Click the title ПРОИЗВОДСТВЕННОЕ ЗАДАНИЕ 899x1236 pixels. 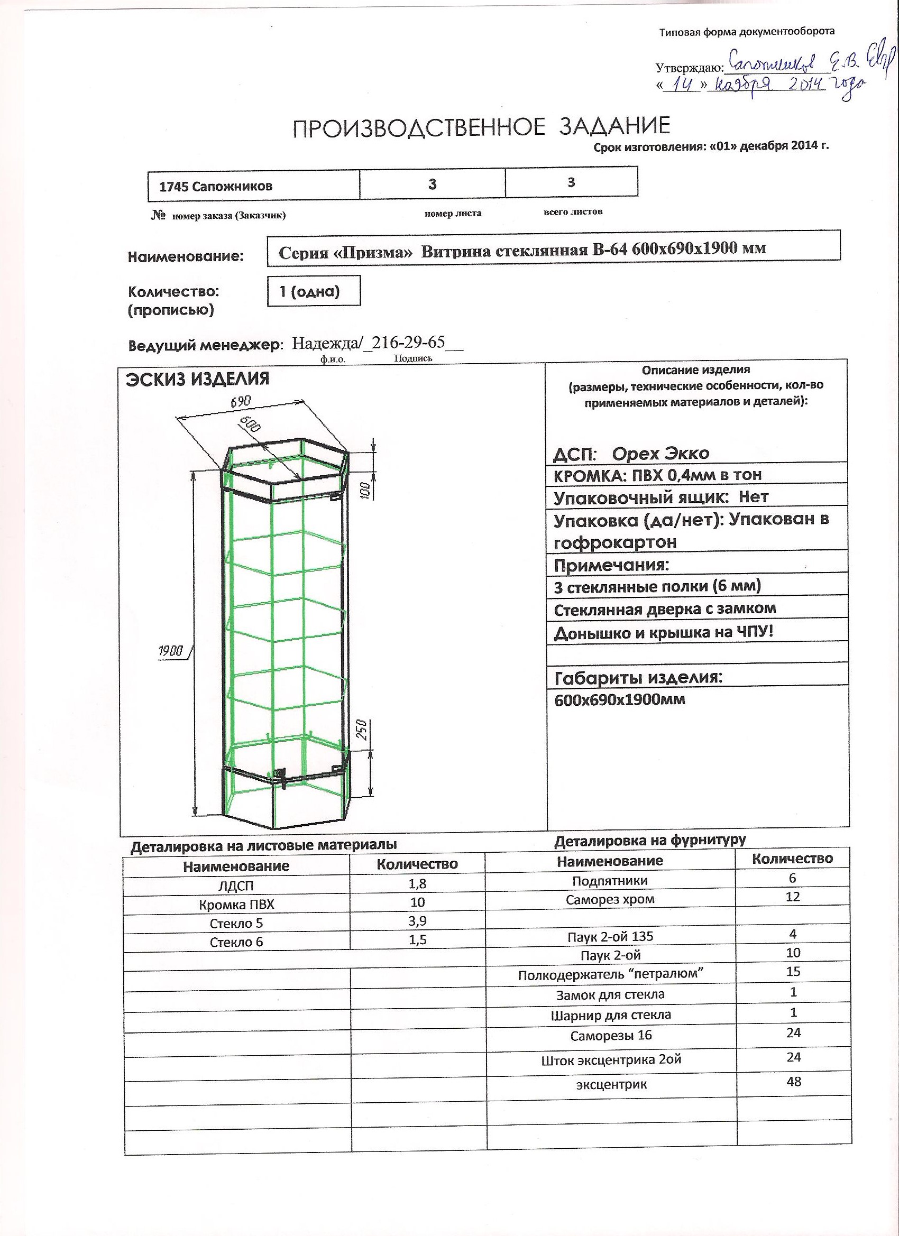481,127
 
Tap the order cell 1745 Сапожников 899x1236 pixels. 215,187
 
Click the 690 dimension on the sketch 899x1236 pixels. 241,402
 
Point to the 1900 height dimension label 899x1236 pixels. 171,650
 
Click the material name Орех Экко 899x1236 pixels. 660,454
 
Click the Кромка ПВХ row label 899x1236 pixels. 236,905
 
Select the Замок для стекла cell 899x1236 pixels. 610,994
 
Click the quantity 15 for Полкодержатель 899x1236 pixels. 793,971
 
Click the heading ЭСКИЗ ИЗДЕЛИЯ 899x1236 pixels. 197,379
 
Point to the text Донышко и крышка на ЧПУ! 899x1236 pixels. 663,633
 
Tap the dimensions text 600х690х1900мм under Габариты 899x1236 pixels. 619,700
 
